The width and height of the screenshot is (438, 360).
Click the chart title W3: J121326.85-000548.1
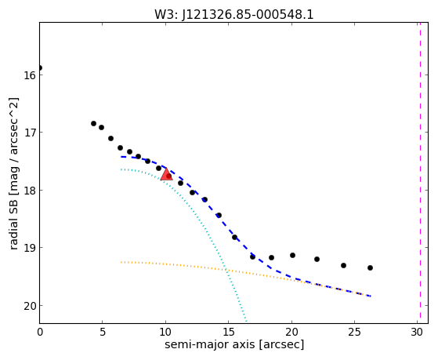(x=233, y=14)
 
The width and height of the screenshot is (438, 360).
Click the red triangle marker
(x=166, y=175)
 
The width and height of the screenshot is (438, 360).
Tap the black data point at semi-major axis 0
(x=40, y=68)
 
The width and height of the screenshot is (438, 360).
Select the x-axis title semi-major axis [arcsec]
(x=234, y=344)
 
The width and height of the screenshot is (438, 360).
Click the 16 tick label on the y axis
(x=30, y=75)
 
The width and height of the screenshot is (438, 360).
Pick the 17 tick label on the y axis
(x=30, y=133)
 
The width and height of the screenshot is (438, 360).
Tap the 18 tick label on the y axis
(x=30, y=191)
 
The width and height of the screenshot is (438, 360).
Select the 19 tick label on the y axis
(x=30, y=248)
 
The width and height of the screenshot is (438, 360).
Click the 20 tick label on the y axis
(x=30, y=306)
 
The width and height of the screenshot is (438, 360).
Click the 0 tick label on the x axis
(x=40, y=332)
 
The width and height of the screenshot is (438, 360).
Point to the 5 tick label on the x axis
(x=103, y=332)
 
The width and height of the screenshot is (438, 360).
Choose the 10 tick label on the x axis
(x=165, y=332)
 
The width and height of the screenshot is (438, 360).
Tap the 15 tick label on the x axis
(x=228, y=332)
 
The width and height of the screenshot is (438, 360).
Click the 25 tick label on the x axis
(x=354, y=332)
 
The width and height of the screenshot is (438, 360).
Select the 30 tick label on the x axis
(x=417, y=332)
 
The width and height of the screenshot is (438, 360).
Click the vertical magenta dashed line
(x=420, y=173)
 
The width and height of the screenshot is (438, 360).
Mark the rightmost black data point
(x=370, y=268)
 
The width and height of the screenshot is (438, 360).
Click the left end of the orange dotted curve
(x=121, y=262)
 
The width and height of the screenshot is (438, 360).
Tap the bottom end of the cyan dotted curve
(x=246, y=321)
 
